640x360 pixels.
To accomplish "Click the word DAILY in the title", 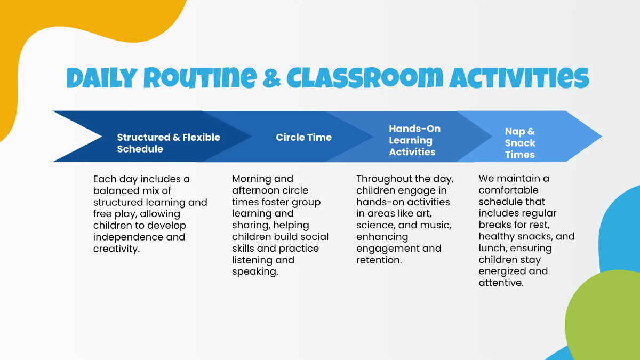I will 101,78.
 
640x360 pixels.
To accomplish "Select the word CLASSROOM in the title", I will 364,78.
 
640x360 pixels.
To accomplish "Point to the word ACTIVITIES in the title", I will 519,78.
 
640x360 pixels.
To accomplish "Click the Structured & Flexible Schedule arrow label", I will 169,143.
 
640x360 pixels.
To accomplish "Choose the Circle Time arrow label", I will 303,137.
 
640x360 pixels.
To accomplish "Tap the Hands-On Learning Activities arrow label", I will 414,140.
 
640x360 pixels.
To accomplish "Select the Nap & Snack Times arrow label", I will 520,143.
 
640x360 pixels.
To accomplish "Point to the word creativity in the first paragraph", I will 116,249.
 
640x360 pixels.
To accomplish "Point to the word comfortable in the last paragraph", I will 508,190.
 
